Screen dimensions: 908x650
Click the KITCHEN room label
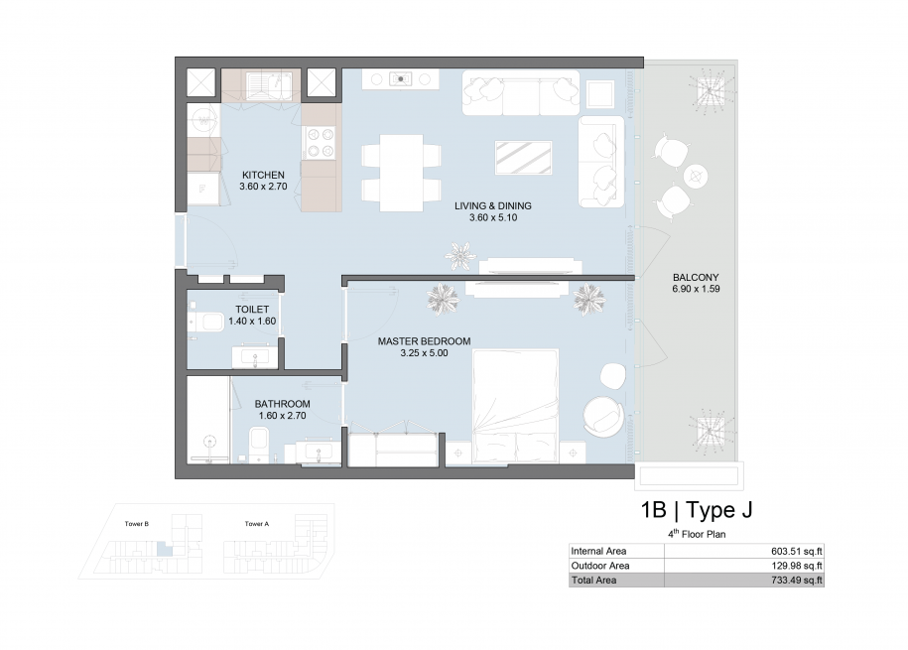[x=263, y=175]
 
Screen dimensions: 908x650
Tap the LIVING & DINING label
[x=493, y=206]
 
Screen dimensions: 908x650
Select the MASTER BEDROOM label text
[x=424, y=341]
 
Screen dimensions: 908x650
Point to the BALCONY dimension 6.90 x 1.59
[x=696, y=289]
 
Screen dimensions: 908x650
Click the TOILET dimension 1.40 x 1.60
[x=252, y=322]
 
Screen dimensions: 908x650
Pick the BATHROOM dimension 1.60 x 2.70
[x=282, y=416]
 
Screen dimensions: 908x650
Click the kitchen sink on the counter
[x=270, y=85]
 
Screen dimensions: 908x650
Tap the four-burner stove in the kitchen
[x=321, y=143]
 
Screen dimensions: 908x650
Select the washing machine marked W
[x=203, y=120]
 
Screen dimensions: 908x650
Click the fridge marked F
[x=202, y=189]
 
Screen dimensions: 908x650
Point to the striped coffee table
[x=524, y=158]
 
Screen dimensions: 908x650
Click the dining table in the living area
[x=401, y=173]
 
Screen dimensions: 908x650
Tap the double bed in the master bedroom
[x=515, y=406]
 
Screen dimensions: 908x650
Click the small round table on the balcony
[x=696, y=176]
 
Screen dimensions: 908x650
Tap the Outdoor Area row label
[x=600, y=566]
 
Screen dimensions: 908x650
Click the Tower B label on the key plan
[x=137, y=524]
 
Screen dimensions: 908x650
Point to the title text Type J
[x=719, y=510]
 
